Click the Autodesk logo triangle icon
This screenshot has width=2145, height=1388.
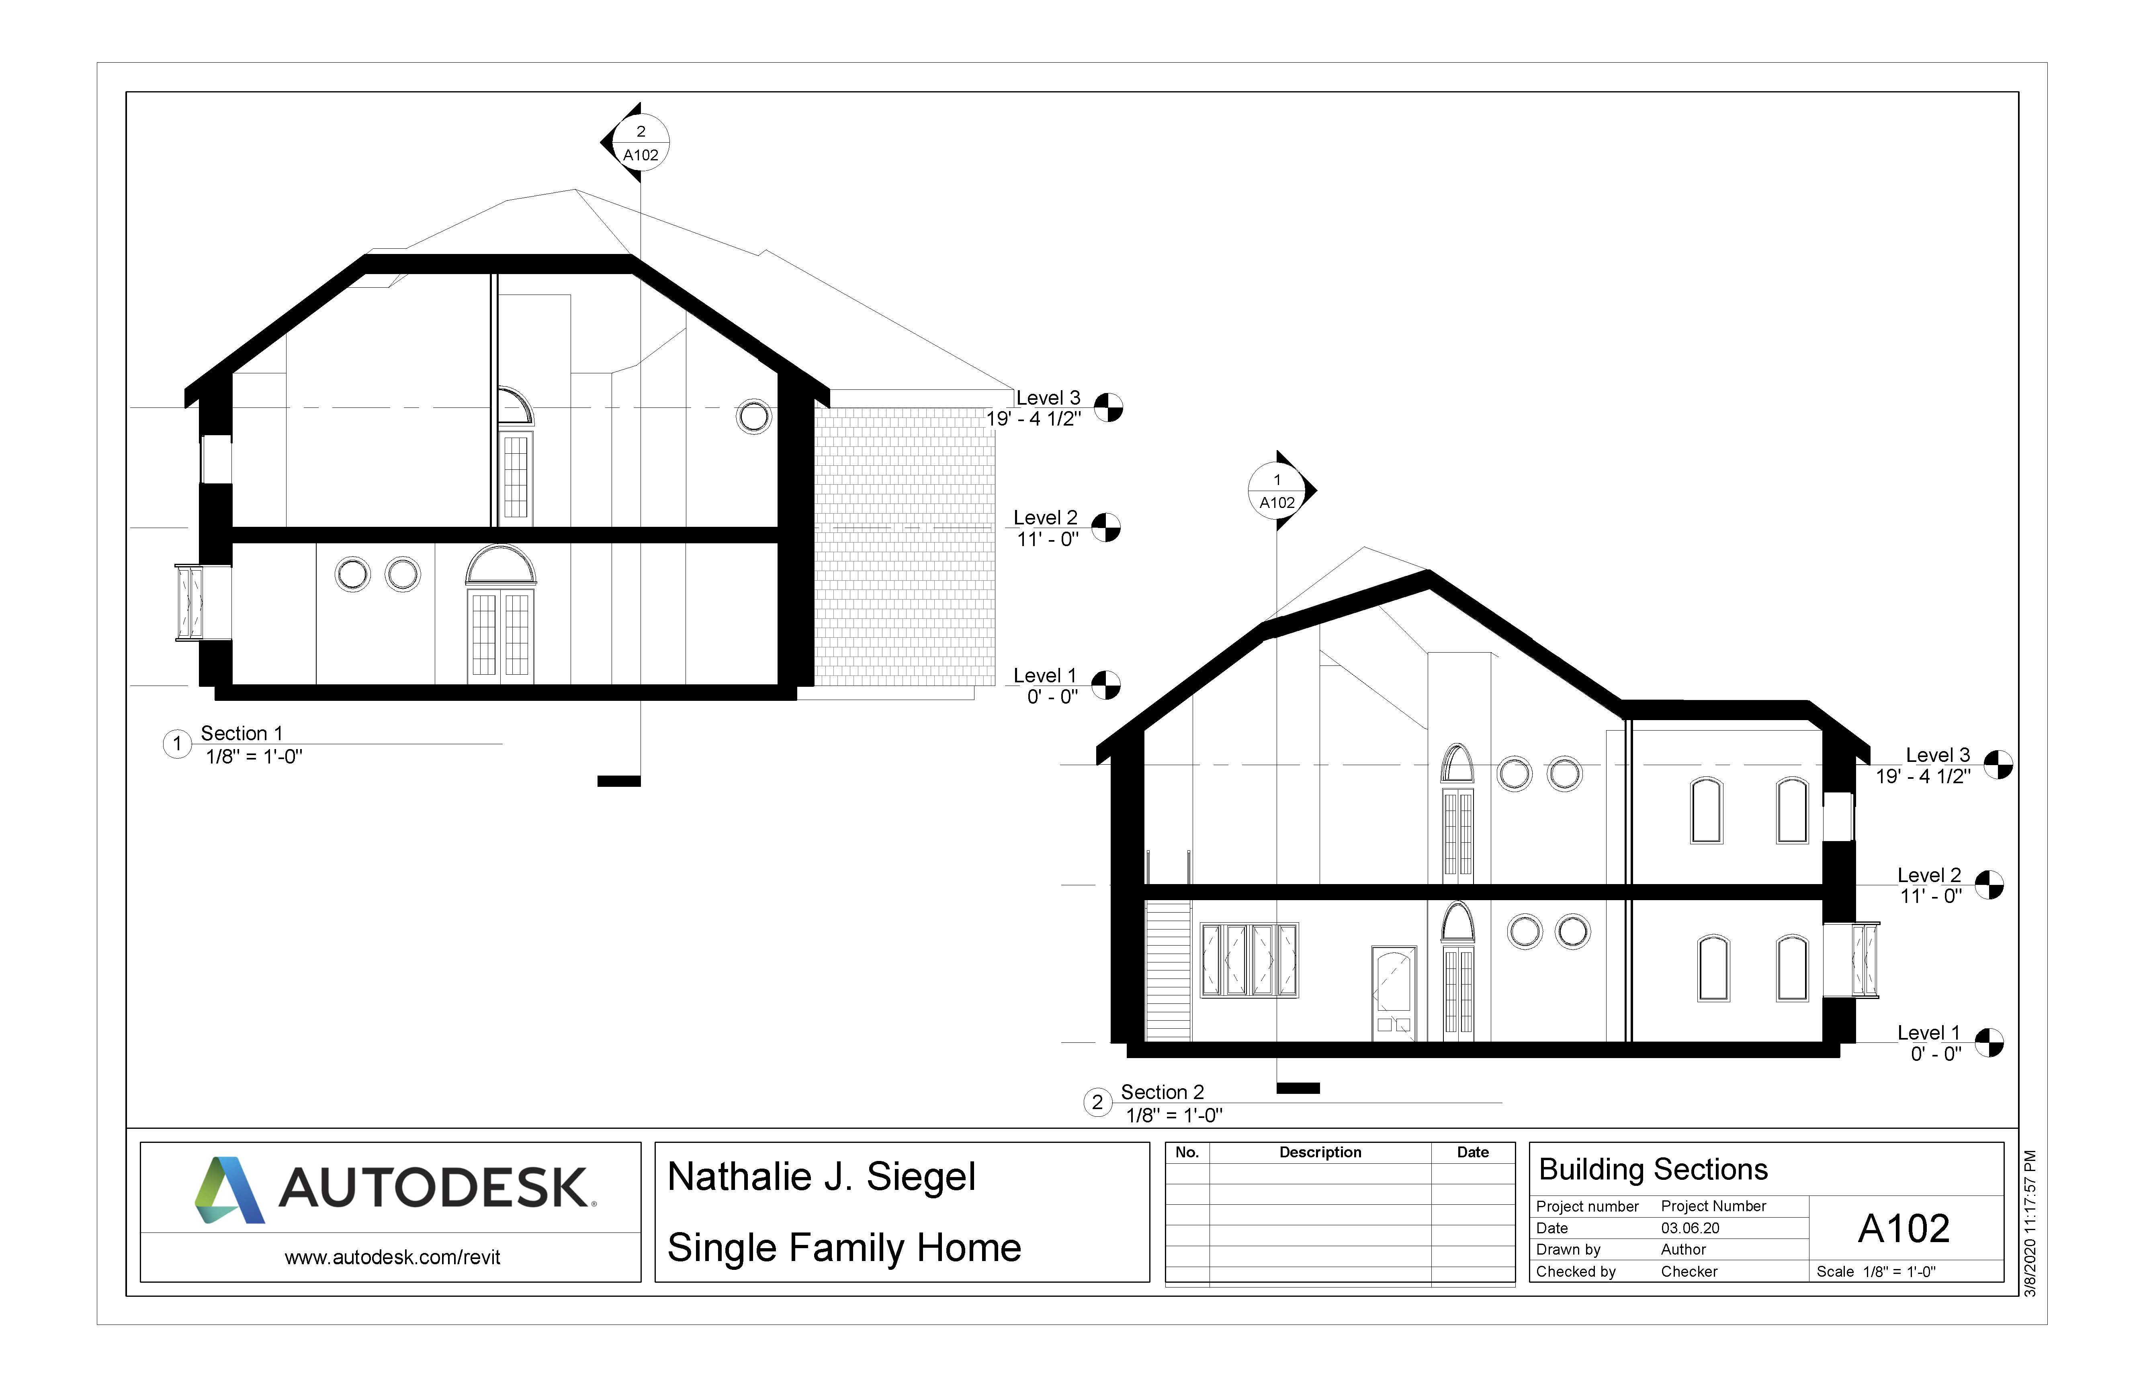click(229, 1190)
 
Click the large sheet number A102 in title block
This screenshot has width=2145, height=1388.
click(1903, 1228)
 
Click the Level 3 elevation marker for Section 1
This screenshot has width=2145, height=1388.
click(1109, 407)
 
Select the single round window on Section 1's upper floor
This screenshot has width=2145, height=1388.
click(753, 416)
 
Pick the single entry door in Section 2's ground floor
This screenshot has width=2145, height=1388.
click(1393, 993)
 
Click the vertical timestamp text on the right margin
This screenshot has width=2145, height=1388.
click(2030, 1223)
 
